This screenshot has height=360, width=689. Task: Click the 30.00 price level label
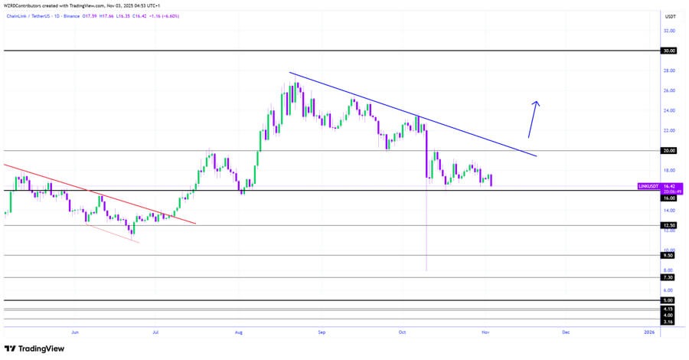point(670,51)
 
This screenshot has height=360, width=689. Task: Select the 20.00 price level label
point(670,151)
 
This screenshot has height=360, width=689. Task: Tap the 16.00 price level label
point(670,198)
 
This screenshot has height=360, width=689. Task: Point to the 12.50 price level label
point(670,226)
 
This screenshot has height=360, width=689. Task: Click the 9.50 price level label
point(670,256)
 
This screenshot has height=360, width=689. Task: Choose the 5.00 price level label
point(670,300)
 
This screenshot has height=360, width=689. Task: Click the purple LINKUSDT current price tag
point(657,187)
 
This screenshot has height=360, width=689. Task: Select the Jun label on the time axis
point(74,332)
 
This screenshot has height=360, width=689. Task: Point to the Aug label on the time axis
point(239,332)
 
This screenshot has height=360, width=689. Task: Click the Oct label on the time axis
point(403,332)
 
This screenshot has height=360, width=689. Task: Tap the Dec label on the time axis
point(566,332)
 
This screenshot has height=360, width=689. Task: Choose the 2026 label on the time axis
point(648,332)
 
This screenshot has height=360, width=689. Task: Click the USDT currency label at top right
point(670,16)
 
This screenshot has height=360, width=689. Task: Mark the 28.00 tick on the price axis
point(670,70)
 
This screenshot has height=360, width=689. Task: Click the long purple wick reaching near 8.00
point(426,230)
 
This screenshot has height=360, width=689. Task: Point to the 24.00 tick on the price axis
point(670,110)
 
